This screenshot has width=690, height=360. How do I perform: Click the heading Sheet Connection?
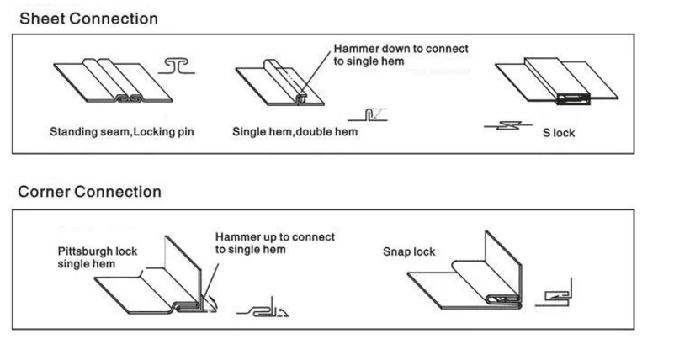pyautogui.click(x=88, y=19)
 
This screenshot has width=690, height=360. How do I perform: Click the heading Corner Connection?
pyautogui.click(x=89, y=192)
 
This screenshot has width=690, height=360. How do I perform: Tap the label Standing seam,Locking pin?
pyautogui.click(x=122, y=131)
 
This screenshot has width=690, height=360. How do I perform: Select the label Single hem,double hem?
pyautogui.click(x=295, y=131)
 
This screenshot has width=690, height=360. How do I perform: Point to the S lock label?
pyautogui.click(x=559, y=133)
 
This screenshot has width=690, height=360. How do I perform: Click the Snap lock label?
pyautogui.click(x=409, y=251)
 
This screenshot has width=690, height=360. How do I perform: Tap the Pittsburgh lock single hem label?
pyautogui.click(x=98, y=257)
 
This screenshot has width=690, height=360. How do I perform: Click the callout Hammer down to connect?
pyautogui.click(x=401, y=55)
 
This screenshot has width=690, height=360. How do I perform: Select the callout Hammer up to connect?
pyautogui.click(x=274, y=243)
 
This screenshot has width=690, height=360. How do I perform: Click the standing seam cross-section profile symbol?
pyautogui.click(x=176, y=66)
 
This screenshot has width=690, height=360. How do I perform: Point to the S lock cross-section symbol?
pyautogui.click(x=507, y=126)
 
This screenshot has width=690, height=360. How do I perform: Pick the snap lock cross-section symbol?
pyautogui.click(x=554, y=292)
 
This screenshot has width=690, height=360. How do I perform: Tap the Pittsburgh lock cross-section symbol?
pyautogui.click(x=263, y=308)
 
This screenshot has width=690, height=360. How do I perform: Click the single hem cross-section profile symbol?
pyautogui.click(x=368, y=114)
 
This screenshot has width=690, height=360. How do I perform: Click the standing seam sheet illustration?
pyautogui.click(x=113, y=82)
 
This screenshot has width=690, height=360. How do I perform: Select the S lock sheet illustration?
pyautogui.click(x=557, y=81)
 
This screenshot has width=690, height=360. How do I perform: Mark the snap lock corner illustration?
pyautogui.click(x=464, y=270)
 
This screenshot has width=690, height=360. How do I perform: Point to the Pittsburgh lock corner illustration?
pyautogui.click(x=156, y=274)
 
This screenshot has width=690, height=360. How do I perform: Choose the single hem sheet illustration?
pyautogui.click(x=280, y=82)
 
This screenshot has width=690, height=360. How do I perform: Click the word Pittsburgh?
pyautogui.click(x=79, y=251)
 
